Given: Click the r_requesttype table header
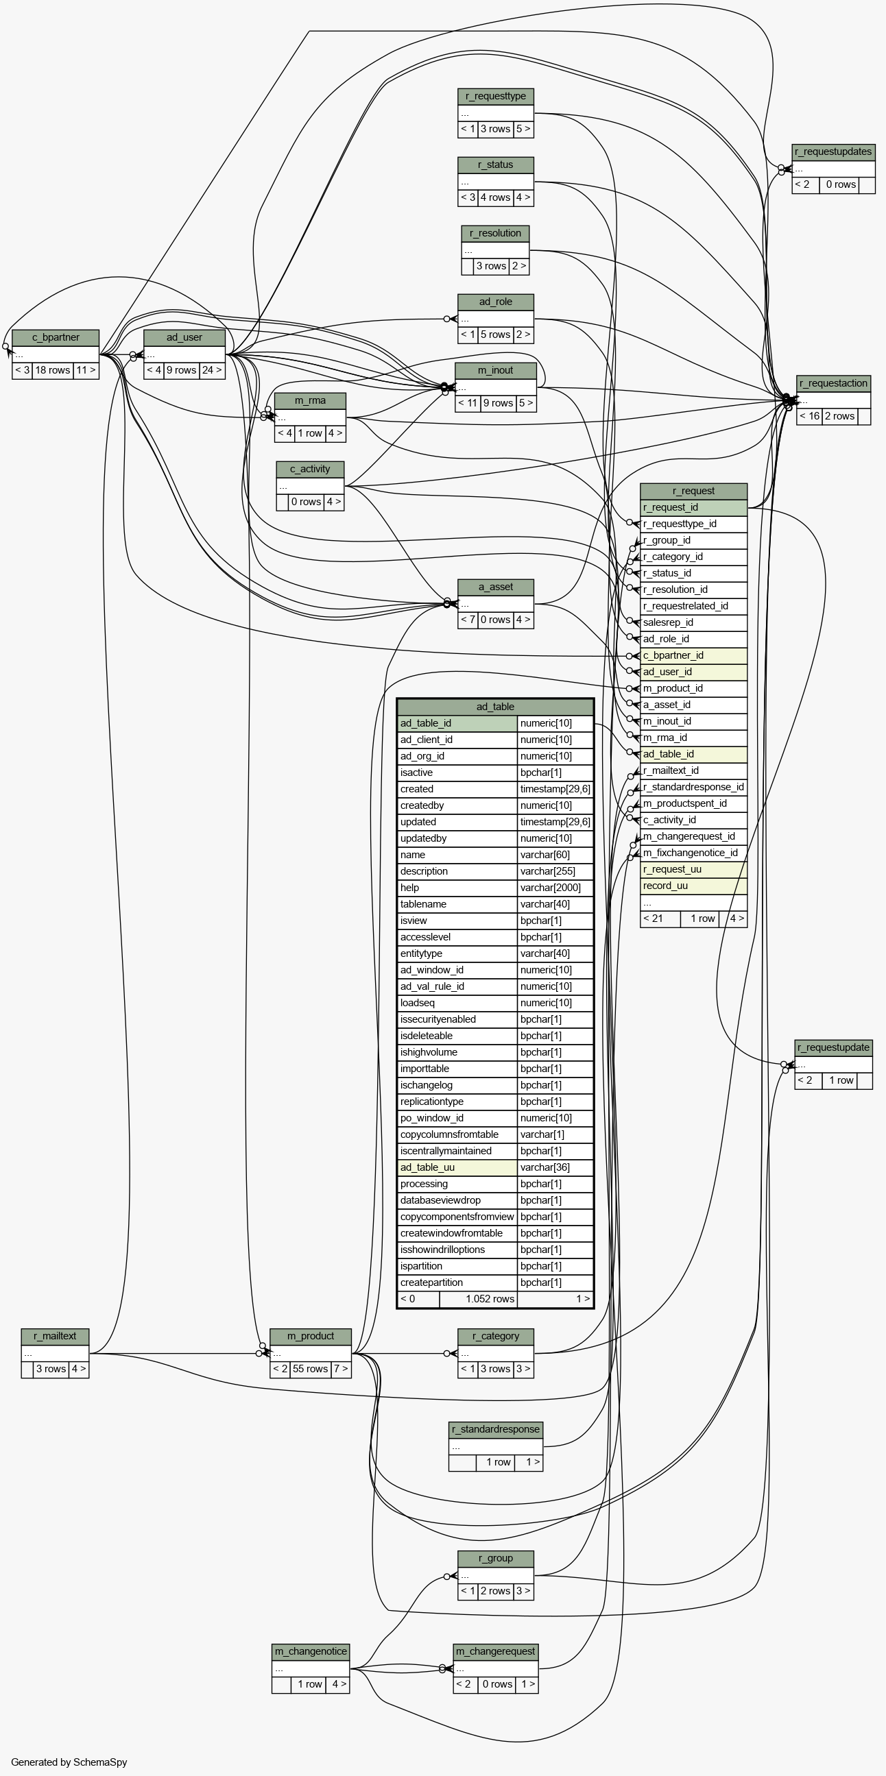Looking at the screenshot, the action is point(496,97).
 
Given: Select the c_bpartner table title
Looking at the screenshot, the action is point(56,338).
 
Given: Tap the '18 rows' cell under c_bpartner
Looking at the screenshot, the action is point(52,370).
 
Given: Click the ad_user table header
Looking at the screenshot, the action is point(184,338).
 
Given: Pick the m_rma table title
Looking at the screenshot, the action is point(310,400).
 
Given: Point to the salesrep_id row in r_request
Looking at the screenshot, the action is point(693,622).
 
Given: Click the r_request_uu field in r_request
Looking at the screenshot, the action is point(693,869).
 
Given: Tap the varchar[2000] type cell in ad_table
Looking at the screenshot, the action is point(555,888).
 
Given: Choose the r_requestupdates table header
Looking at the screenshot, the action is point(834,151).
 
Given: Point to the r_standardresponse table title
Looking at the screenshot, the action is point(496,1429).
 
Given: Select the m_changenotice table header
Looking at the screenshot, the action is point(311,1651).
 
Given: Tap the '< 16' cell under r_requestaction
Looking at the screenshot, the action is point(809,417).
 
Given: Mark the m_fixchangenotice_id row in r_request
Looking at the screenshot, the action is point(693,853).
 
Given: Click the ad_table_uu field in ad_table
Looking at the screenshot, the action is point(458,1167).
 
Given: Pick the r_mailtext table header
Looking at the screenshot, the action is point(55,1336).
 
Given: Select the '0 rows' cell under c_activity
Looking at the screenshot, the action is point(306,502).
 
